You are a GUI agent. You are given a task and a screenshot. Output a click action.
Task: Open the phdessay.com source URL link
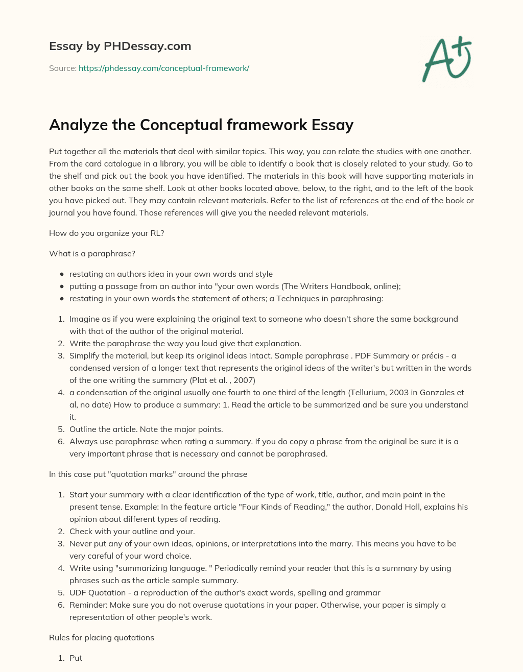(163, 68)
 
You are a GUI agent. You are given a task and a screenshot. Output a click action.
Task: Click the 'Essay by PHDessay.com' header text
(120, 46)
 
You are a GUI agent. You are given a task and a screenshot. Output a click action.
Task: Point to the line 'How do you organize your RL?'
(106, 233)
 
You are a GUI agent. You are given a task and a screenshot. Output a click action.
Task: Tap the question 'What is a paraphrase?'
(92, 253)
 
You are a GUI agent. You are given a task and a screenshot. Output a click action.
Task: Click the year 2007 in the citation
(244, 380)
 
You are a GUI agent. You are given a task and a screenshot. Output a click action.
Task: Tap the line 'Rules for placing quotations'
(102, 637)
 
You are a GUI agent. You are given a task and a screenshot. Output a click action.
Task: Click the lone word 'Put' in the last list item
(76, 658)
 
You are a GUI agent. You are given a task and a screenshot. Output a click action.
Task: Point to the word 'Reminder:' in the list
(87, 605)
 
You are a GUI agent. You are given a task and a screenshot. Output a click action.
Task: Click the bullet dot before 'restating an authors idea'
(62, 274)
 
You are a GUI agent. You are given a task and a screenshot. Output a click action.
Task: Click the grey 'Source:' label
(62, 68)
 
